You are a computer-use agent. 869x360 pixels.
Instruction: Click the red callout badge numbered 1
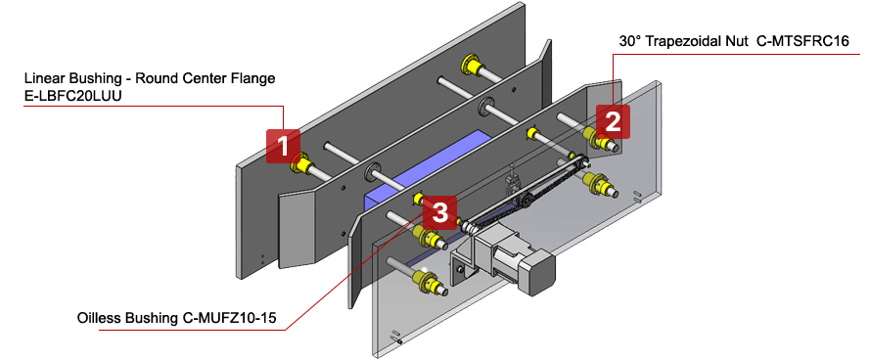282,147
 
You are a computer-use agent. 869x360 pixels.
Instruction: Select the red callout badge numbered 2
613,121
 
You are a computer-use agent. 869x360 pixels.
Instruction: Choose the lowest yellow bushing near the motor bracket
429,284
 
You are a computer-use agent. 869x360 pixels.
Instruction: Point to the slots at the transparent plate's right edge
637,193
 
